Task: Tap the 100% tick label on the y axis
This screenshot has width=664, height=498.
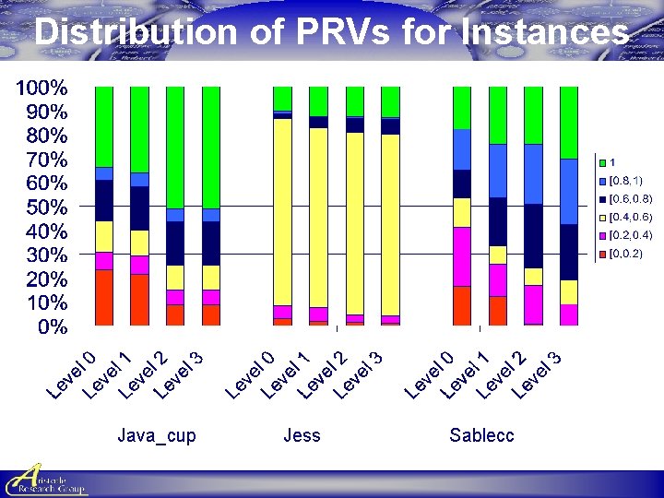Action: [41, 89]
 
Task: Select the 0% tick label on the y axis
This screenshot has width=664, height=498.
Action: [52, 326]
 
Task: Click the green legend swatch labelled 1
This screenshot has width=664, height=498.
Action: [603, 162]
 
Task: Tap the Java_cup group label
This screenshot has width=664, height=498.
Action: [157, 435]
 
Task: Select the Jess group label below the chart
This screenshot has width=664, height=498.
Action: [302, 435]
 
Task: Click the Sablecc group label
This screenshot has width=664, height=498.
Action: [481, 435]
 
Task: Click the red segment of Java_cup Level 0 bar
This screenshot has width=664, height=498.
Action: [103, 297]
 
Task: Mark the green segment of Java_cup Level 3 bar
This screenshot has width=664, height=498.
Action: [211, 148]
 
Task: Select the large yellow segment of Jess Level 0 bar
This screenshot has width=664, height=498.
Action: [282, 212]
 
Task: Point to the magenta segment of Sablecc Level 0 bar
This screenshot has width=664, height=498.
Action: [462, 256]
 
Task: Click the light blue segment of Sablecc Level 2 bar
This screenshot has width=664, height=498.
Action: [533, 174]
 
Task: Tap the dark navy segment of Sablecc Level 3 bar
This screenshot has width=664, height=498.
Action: [569, 252]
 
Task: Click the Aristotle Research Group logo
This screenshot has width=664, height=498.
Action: [44, 480]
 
